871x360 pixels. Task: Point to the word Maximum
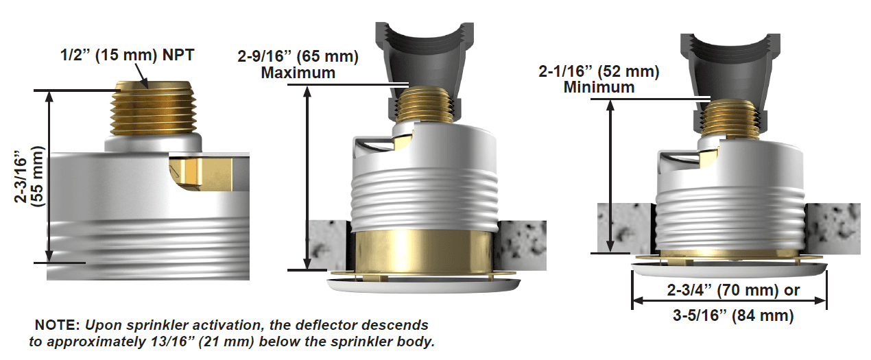[298, 72]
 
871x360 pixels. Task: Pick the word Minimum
[599, 87]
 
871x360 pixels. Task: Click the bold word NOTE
[57, 324]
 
